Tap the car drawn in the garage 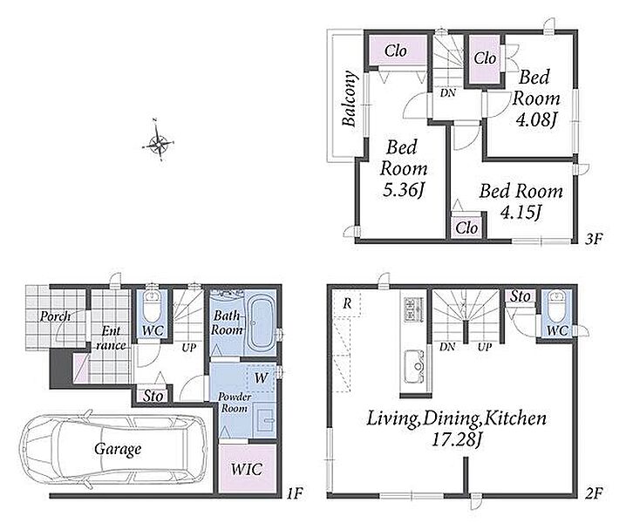(114, 449)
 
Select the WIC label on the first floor (247, 470)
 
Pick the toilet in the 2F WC (557, 307)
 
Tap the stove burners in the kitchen (412, 309)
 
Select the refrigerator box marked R (346, 303)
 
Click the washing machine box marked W (261, 377)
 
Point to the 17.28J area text (456, 440)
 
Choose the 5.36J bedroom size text (403, 190)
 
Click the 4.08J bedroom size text (536, 119)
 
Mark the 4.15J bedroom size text (521, 213)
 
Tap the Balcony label (350, 98)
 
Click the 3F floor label (594, 239)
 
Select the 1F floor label (295, 494)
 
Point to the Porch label (55, 316)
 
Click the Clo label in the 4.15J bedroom (466, 228)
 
